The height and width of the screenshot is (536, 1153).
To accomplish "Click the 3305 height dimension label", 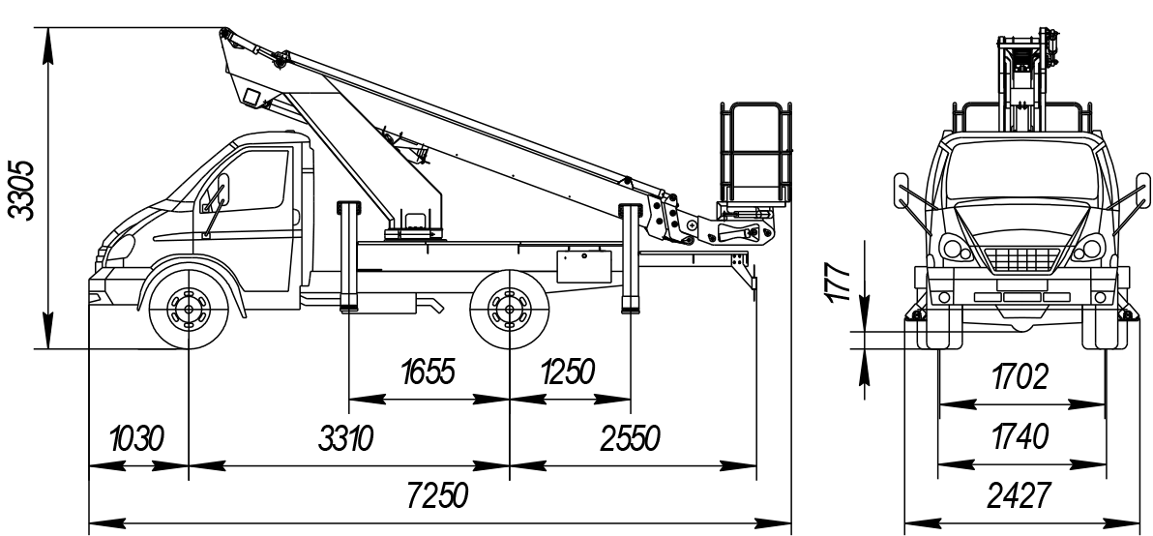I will coord(21,190).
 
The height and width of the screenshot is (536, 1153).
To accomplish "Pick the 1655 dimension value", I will coord(427,372).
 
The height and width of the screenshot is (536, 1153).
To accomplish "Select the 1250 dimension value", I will coord(568,372).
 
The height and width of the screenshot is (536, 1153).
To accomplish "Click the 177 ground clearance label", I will coord(842,282).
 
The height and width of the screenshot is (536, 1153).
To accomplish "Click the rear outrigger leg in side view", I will coord(631,259).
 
